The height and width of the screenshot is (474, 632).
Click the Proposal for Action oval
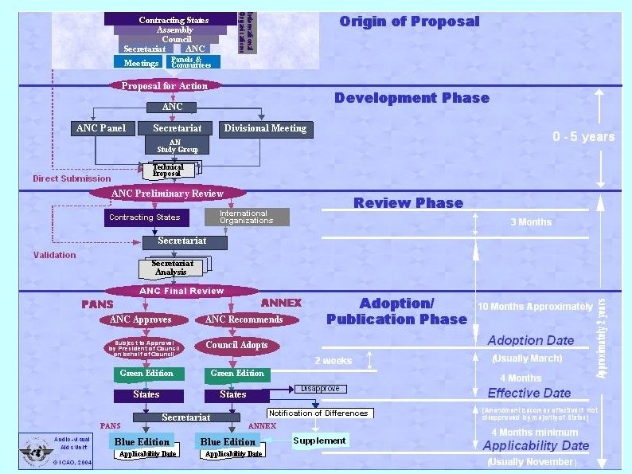164,86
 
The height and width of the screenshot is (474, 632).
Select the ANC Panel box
100,128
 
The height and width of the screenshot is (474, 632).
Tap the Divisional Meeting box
265,128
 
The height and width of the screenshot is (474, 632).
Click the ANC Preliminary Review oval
167,194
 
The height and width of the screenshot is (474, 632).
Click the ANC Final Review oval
181,291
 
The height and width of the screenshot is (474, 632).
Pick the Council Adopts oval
236,345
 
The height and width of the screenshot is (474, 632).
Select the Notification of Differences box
318,413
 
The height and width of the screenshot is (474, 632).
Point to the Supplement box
319,441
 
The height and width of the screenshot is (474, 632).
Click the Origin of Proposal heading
409,22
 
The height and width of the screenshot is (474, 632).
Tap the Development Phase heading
412,98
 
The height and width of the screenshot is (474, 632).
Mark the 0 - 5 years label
583,136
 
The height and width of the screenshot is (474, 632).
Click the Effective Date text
529,393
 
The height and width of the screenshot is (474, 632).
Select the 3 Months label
530,221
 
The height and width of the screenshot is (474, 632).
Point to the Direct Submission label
72,178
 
